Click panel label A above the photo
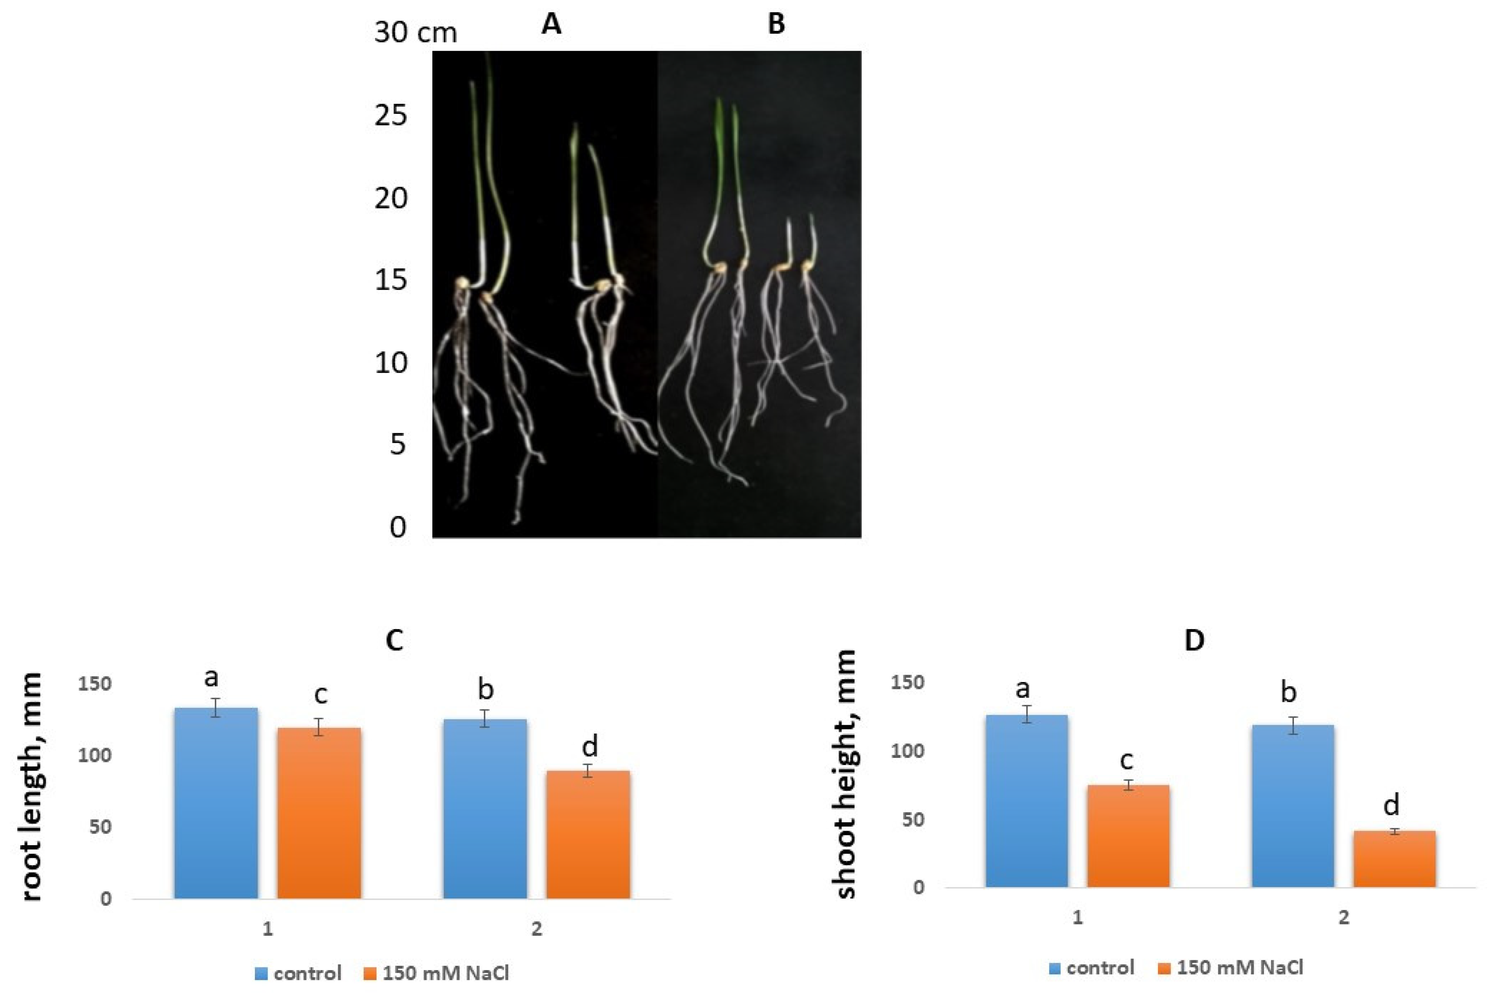pyautogui.click(x=551, y=25)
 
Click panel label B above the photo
pyautogui.click(x=776, y=25)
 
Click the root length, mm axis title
pyautogui.click(x=30, y=787)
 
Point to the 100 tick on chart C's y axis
pyautogui.click(x=94, y=755)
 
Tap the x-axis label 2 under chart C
pyautogui.click(x=537, y=929)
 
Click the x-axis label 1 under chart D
pyautogui.click(x=1077, y=918)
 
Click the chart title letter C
pyautogui.click(x=395, y=642)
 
